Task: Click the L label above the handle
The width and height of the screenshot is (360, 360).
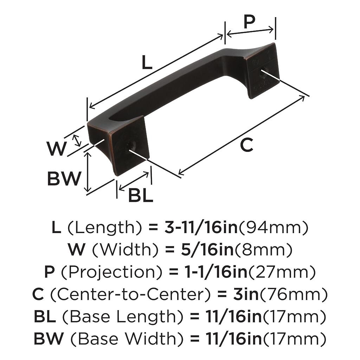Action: pyautogui.click(x=147, y=62)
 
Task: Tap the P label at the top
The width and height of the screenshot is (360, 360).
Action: pyautogui.click(x=249, y=22)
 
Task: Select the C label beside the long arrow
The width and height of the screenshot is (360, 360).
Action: pyautogui.click(x=246, y=145)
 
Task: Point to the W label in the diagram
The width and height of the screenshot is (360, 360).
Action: pyautogui.click(x=57, y=149)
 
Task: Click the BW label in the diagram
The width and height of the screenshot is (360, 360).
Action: pyautogui.click(x=64, y=178)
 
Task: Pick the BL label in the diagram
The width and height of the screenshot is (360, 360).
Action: pyautogui.click(x=141, y=195)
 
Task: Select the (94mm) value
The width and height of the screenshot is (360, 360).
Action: pyautogui.click(x=274, y=227)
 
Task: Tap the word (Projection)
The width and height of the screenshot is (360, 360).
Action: pyautogui.click(x=112, y=272)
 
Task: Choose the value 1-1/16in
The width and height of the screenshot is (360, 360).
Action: pyautogui.click(x=216, y=272)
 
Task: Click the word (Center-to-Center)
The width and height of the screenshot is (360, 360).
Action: pyautogui.click(x=130, y=294)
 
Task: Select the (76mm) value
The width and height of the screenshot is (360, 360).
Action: pyautogui.click(x=293, y=294)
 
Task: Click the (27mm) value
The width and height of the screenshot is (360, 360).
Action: pyautogui.click(x=282, y=272)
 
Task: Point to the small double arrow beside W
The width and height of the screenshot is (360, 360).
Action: pyautogui.click(x=77, y=141)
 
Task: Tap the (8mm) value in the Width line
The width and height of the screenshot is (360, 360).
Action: pyautogui.click(x=263, y=250)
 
